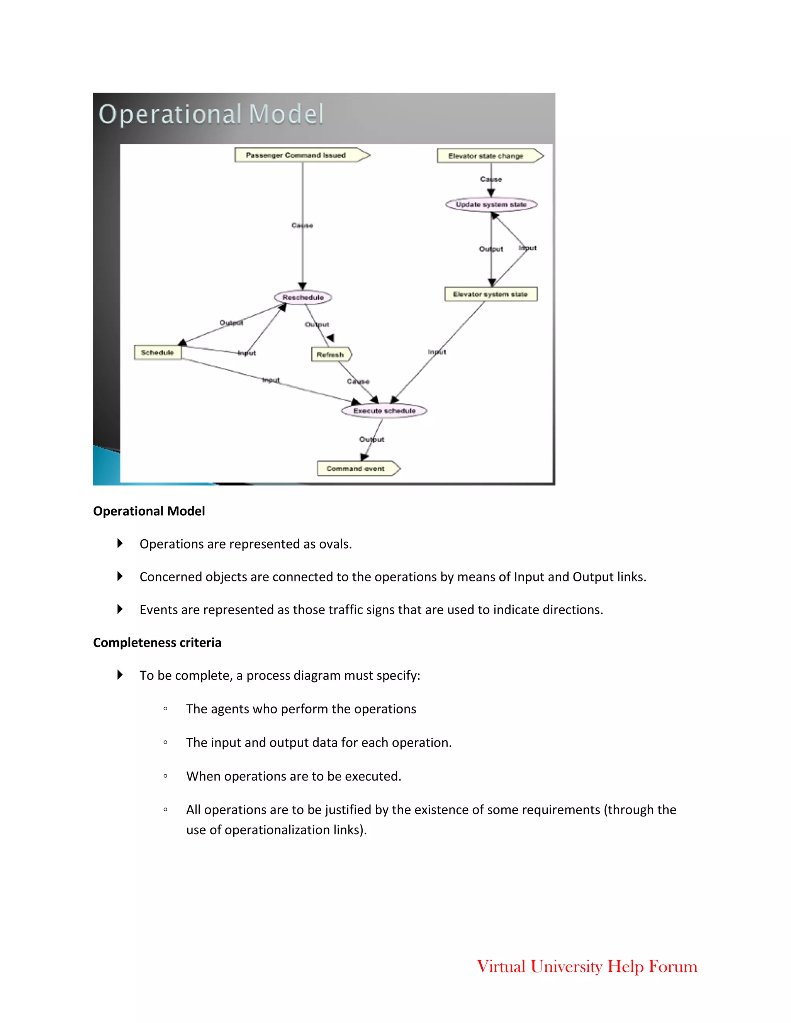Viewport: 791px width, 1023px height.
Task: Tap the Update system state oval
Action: (x=491, y=205)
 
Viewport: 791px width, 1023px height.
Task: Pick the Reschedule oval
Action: (x=303, y=297)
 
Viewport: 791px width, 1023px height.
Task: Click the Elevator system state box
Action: (x=491, y=294)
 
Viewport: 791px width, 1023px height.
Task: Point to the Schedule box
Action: (x=158, y=352)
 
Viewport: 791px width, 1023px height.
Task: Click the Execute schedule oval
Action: (x=384, y=411)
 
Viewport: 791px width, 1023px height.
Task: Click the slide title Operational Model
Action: (x=211, y=114)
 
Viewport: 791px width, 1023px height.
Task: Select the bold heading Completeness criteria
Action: (x=157, y=642)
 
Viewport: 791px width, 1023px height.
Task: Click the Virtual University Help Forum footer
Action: (x=587, y=966)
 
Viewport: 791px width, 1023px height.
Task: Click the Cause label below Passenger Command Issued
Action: (x=302, y=225)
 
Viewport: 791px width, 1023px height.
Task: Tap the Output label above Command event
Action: (x=372, y=439)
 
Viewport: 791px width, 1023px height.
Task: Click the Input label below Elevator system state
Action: (x=437, y=352)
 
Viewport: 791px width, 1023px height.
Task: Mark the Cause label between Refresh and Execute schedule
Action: (x=358, y=381)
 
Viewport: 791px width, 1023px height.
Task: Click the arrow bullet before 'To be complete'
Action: (x=120, y=675)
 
